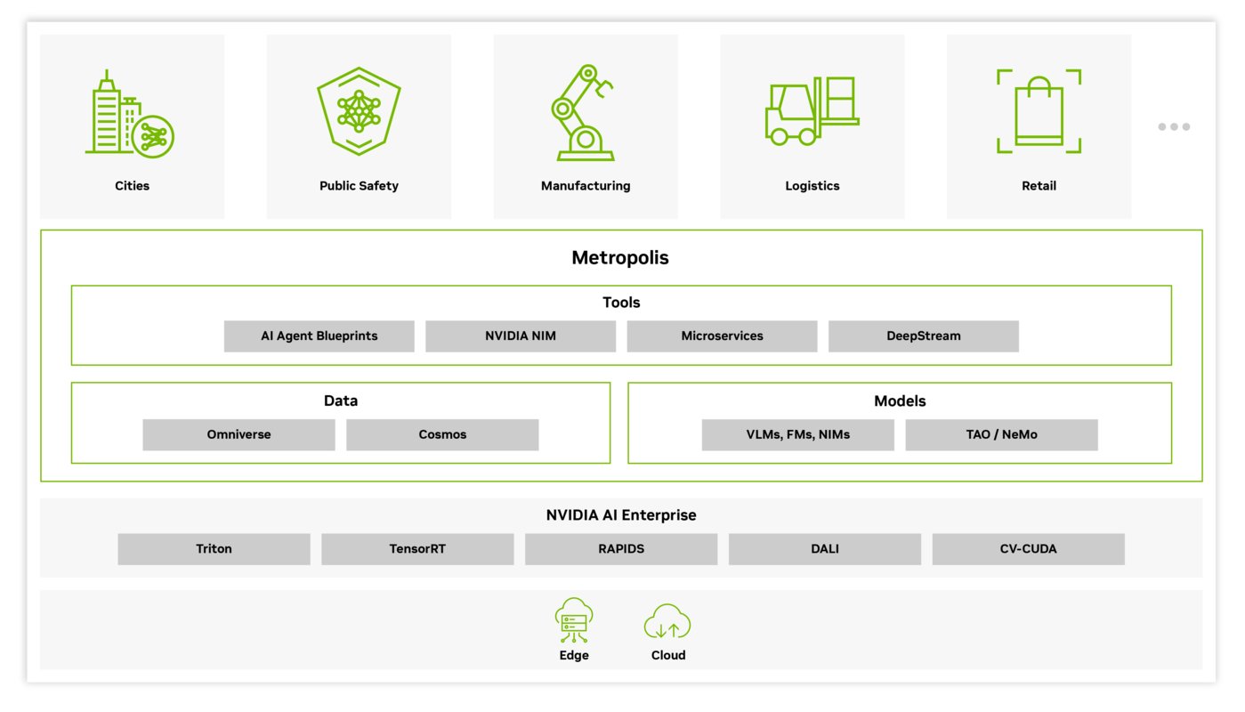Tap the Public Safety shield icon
pyautogui.click(x=359, y=111)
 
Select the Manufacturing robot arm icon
pyautogui.click(x=584, y=112)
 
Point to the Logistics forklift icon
pyautogui.click(x=812, y=111)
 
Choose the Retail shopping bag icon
pyautogui.click(x=1039, y=111)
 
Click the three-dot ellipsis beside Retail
pyautogui.click(x=1174, y=126)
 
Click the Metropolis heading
pyautogui.click(x=620, y=257)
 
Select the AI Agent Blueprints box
pyautogui.click(x=319, y=336)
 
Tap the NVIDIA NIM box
pyautogui.click(x=521, y=336)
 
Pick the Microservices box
pyautogui.click(x=722, y=336)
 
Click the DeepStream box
pyautogui.click(x=924, y=336)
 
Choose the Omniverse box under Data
pyautogui.click(x=239, y=434)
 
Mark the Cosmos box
pyautogui.click(x=442, y=434)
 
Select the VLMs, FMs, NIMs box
pyautogui.click(x=798, y=434)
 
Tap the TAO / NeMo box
pyautogui.click(x=1001, y=434)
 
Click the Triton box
pyautogui.click(x=214, y=549)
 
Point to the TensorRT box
pyautogui.click(x=417, y=549)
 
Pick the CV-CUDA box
pyautogui.click(x=1028, y=549)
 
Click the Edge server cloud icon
pyautogui.click(x=574, y=620)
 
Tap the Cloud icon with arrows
pyautogui.click(x=667, y=621)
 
